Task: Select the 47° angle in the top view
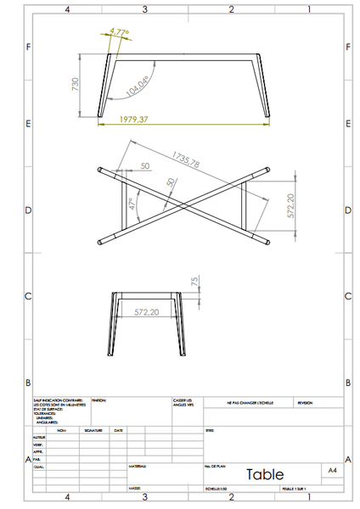coord(132,204)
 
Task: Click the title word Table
coord(265,474)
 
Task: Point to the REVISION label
coord(305,403)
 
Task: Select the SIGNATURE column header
coord(93,430)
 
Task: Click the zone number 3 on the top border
coord(145,9)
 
